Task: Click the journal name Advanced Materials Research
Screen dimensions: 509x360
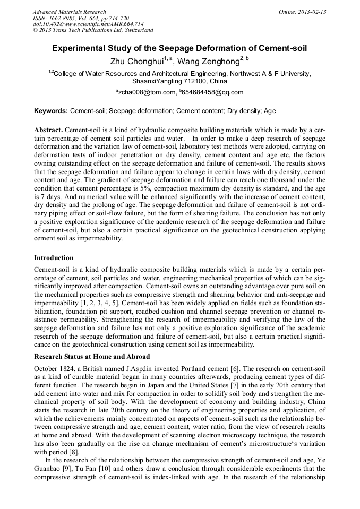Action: [x=69, y=12]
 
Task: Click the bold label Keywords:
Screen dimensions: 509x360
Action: [x=51, y=111]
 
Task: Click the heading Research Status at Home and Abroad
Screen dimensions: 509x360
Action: [x=92, y=356]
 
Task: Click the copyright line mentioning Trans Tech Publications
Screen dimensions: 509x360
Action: [x=93, y=30]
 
